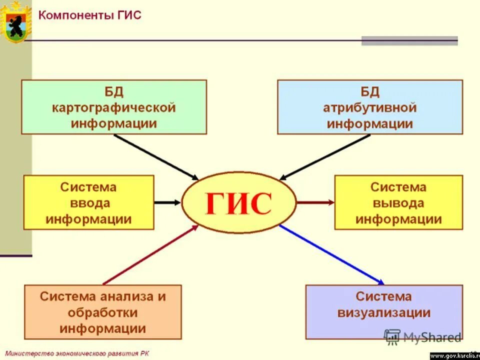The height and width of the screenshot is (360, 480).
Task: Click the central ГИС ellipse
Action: tap(239, 202)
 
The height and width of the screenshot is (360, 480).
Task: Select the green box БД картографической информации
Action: tap(114, 107)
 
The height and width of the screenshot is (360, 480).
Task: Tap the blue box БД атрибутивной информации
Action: tap(370, 107)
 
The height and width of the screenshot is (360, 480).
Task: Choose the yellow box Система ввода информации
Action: tap(88, 202)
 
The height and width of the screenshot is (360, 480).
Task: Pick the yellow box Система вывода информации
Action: tap(398, 202)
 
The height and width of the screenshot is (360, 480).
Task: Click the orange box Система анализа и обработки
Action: tap(103, 312)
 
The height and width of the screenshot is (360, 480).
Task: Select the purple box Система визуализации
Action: tap(384, 312)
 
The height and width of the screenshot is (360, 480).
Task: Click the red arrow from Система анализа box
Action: tap(150, 255)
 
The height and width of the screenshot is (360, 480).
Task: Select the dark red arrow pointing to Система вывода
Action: tap(315, 202)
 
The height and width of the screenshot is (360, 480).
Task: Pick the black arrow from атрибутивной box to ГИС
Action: tap(325, 156)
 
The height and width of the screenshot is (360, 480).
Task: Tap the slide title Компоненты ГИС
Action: tap(90, 15)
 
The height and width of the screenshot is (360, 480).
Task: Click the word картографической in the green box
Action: tap(114, 107)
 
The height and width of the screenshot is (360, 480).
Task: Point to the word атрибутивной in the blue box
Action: tap(370, 107)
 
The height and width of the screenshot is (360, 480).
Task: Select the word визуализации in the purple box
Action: tap(384, 313)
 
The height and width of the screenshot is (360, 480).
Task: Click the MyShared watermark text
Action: tap(432, 337)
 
